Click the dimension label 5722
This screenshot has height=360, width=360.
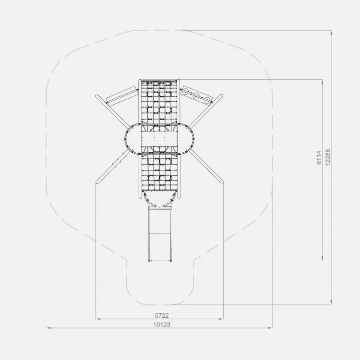(162, 315)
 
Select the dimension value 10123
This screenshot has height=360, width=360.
(162, 324)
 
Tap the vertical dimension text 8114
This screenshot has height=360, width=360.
(319, 158)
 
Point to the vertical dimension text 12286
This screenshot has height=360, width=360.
(328, 157)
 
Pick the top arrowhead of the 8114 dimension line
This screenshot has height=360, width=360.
(323, 82)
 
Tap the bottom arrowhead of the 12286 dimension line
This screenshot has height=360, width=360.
(331, 303)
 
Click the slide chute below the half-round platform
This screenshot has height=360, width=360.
(160, 234)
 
